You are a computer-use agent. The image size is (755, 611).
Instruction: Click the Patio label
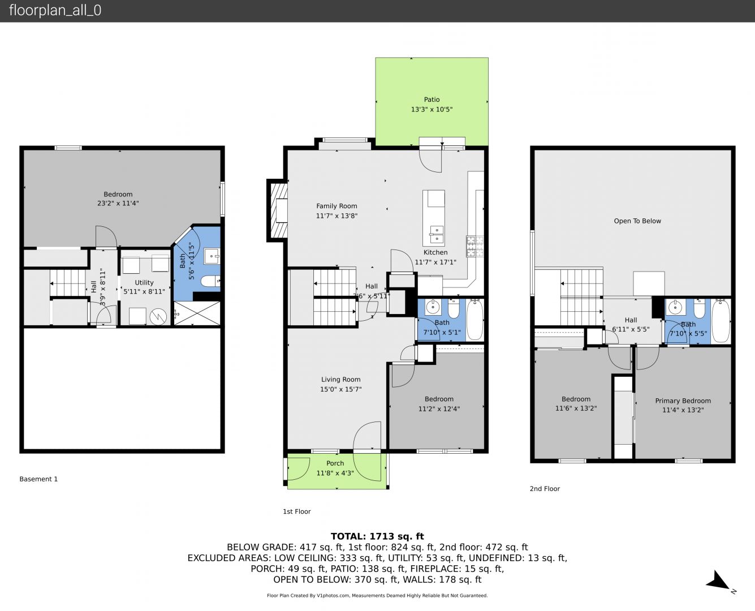[x=432, y=100]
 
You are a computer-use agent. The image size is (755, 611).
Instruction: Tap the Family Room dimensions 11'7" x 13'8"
[x=336, y=216]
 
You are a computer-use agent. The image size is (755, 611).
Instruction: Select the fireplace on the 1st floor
[x=277, y=210]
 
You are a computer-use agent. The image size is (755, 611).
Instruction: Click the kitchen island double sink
[x=437, y=234]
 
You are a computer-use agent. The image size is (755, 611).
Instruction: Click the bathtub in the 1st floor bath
[x=474, y=320]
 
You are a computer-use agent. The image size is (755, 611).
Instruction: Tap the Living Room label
[x=340, y=380]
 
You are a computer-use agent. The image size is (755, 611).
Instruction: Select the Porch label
[x=335, y=463]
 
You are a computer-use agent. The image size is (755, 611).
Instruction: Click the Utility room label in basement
[x=144, y=283]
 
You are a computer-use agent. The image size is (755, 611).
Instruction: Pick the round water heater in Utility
[x=158, y=317]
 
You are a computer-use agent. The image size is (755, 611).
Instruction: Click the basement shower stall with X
[x=197, y=313]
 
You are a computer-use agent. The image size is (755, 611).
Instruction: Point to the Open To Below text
[x=637, y=221]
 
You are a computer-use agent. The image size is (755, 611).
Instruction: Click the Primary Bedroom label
[x=683, y=401]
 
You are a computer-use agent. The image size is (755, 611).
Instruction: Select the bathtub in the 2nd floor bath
[x=721, y=321]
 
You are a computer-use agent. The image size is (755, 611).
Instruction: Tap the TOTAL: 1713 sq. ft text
[x=377, y=536]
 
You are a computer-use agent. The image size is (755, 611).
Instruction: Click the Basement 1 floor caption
[x=38, y=479]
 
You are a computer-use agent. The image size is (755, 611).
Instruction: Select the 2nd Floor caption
[x=545, y=489]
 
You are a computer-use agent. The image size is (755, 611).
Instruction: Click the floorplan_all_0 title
[x=55, y=10]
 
